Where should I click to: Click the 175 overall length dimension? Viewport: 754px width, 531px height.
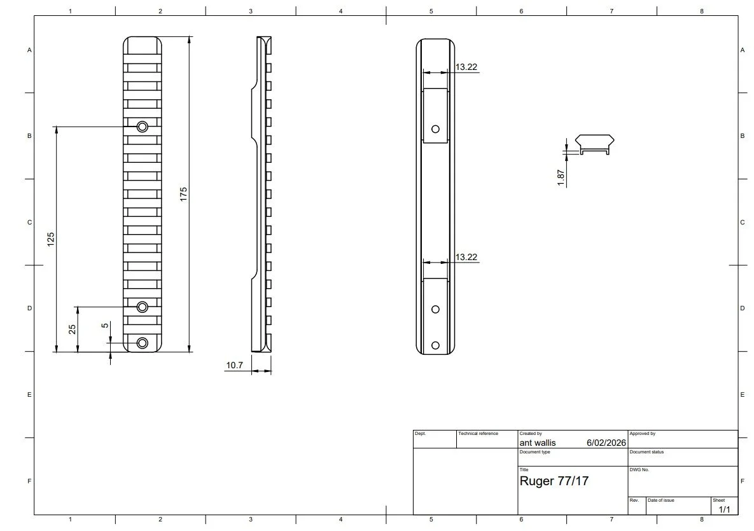[x=183, y=194]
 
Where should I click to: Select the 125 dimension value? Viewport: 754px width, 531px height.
[x=51, y=238]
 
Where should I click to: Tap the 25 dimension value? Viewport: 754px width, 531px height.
[x=72, y=329]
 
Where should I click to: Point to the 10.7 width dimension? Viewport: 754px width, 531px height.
[x=235, y=366]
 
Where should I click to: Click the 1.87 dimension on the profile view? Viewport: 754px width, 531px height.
[x=561, y=177]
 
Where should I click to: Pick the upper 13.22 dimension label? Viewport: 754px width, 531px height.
[x=466, y=67]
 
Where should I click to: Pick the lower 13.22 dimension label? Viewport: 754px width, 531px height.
[x=466, y=257]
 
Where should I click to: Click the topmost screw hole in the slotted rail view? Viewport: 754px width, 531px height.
[x=143, y=127]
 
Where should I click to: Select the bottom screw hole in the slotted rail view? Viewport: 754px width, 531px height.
[x=143, y=343]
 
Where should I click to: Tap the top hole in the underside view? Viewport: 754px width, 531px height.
[x=435, y=129]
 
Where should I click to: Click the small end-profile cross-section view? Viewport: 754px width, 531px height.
[x=594, y=144]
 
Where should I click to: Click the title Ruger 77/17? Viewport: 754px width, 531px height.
[x=554, y=481]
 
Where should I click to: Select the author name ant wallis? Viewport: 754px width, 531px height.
[x=538, y=443]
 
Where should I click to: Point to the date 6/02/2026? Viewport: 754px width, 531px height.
[x=606, y=443]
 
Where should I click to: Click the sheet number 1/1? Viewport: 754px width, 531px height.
[x=724, y=509]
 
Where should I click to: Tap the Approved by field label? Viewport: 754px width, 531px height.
[x=642, y=434]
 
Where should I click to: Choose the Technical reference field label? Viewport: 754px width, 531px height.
[x=478, y=434]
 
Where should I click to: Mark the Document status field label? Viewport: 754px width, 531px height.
[x=646, y=452]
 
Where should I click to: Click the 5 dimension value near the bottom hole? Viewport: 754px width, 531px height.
[x=105, y=326]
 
